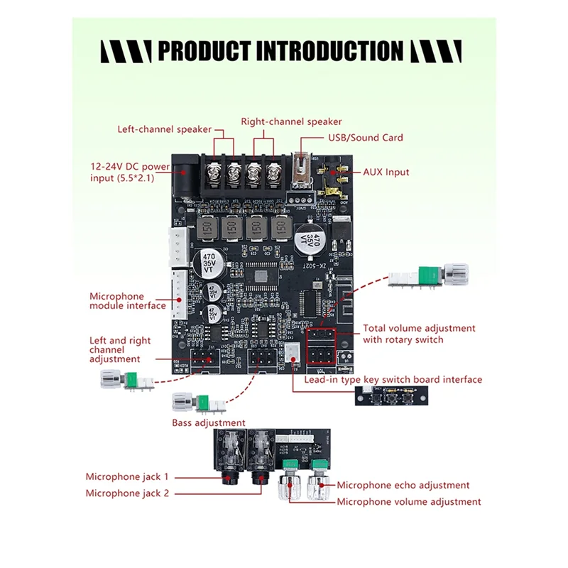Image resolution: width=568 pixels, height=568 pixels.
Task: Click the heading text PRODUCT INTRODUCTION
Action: point(280,51)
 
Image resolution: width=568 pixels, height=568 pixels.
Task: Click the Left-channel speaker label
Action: point(164,129)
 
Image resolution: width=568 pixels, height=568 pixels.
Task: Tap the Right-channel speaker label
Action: point(291,121)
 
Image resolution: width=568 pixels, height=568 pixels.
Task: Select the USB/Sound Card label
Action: point(365,138)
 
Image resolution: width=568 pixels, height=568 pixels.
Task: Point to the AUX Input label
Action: point(386,172)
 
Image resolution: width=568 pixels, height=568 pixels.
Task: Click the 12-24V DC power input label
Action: point(130,172)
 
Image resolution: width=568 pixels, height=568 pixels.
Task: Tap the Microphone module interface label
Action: point(127,301)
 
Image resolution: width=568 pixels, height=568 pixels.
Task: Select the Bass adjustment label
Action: point(209,422)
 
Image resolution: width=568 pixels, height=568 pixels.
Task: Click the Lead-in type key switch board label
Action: point(393,380)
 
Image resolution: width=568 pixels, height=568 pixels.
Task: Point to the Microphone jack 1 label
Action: point(127,477)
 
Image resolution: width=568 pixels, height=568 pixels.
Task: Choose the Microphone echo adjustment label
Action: point(403,485)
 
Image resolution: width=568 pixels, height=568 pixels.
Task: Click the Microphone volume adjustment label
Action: point(408,502)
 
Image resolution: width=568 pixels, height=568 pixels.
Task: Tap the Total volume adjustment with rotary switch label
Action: point(419,334)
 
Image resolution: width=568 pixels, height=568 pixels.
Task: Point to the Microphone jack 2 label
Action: point(127,493)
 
